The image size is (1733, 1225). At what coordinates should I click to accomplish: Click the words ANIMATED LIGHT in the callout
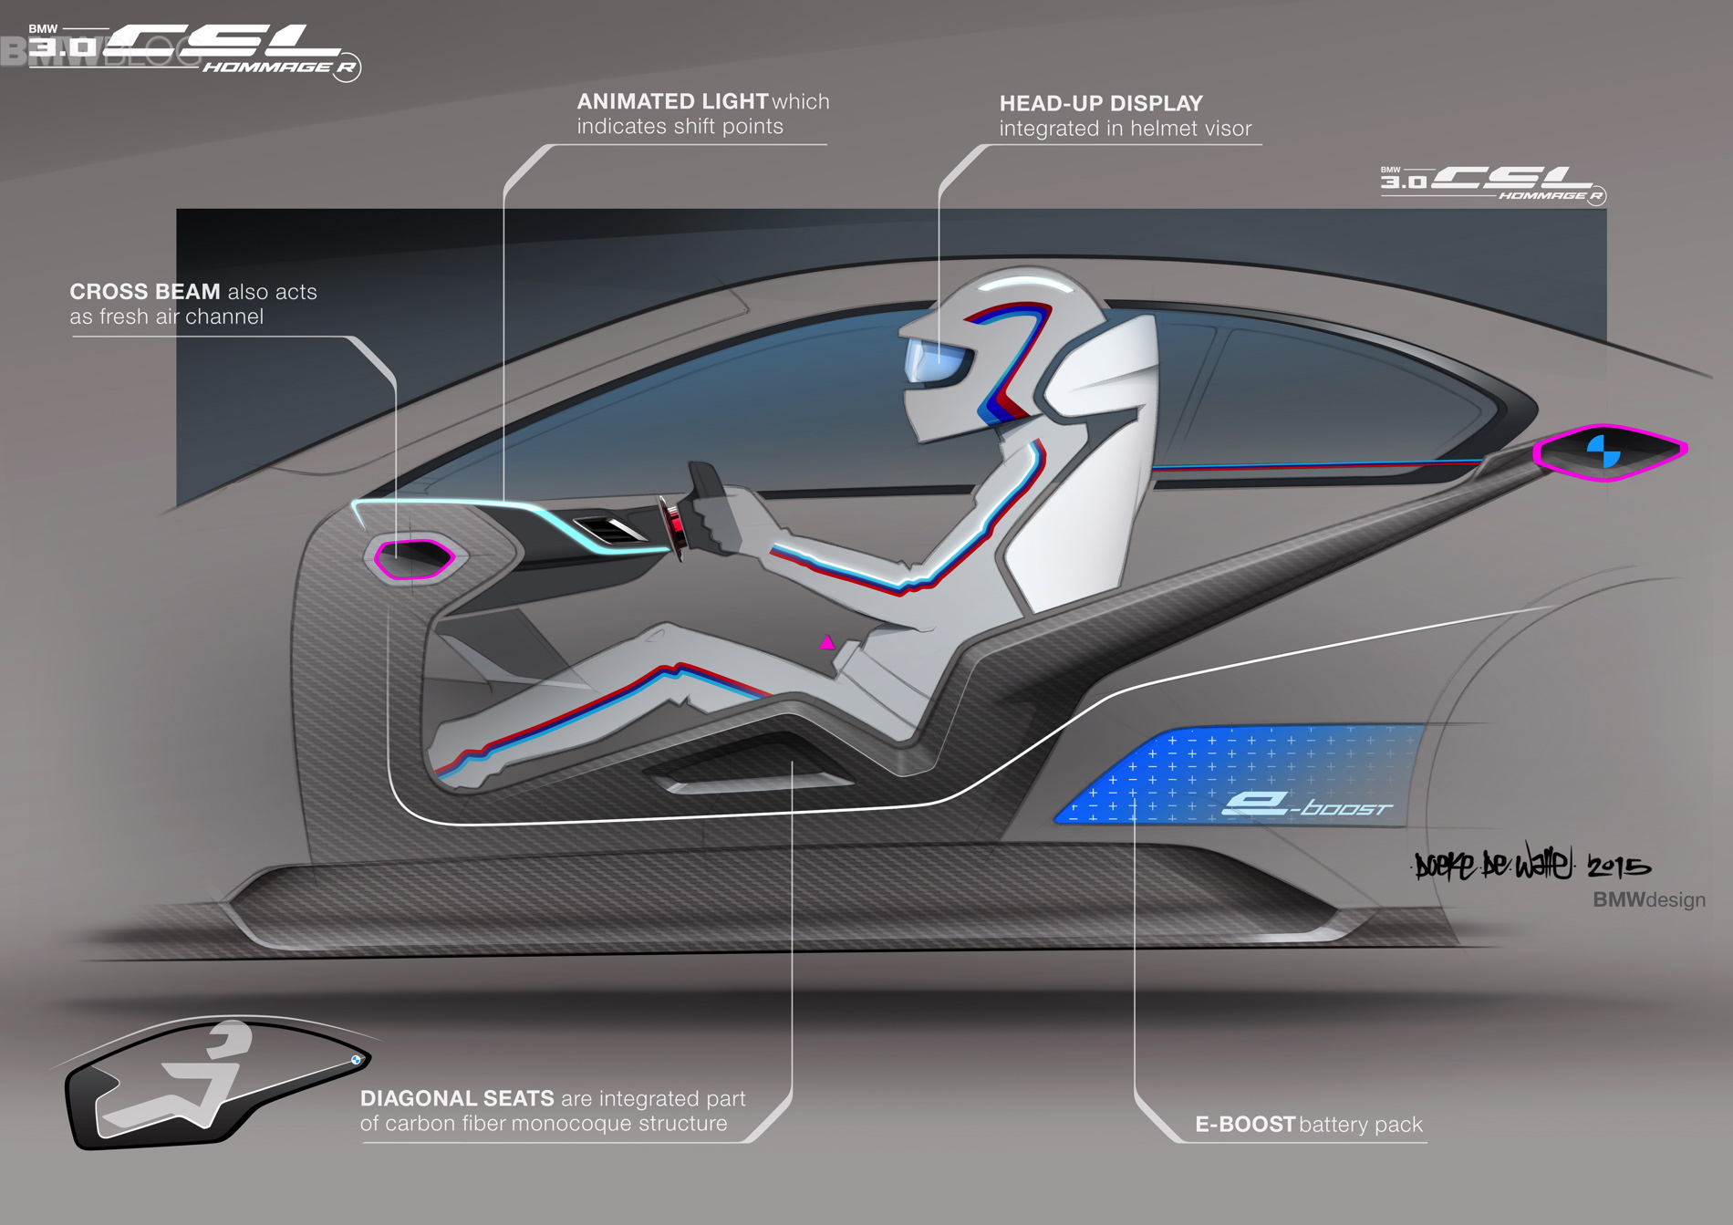[672, 101]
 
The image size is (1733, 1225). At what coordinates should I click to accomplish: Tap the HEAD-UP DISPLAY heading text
[1101, 104]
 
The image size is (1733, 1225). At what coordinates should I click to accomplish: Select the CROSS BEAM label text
[145, 292]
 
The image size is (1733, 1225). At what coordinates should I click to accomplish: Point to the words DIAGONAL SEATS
[457, 1098]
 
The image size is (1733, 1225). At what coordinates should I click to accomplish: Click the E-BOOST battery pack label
[1308, 1125]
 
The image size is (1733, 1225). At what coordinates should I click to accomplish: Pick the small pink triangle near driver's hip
[827, 643]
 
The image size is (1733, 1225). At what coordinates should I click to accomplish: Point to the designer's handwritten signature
[1492, 865]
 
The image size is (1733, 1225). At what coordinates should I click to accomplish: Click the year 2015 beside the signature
[1619, 867]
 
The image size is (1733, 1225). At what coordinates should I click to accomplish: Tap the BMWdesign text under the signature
[1648, 900]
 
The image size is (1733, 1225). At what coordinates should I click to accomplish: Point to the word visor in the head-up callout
[1222, 129]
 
